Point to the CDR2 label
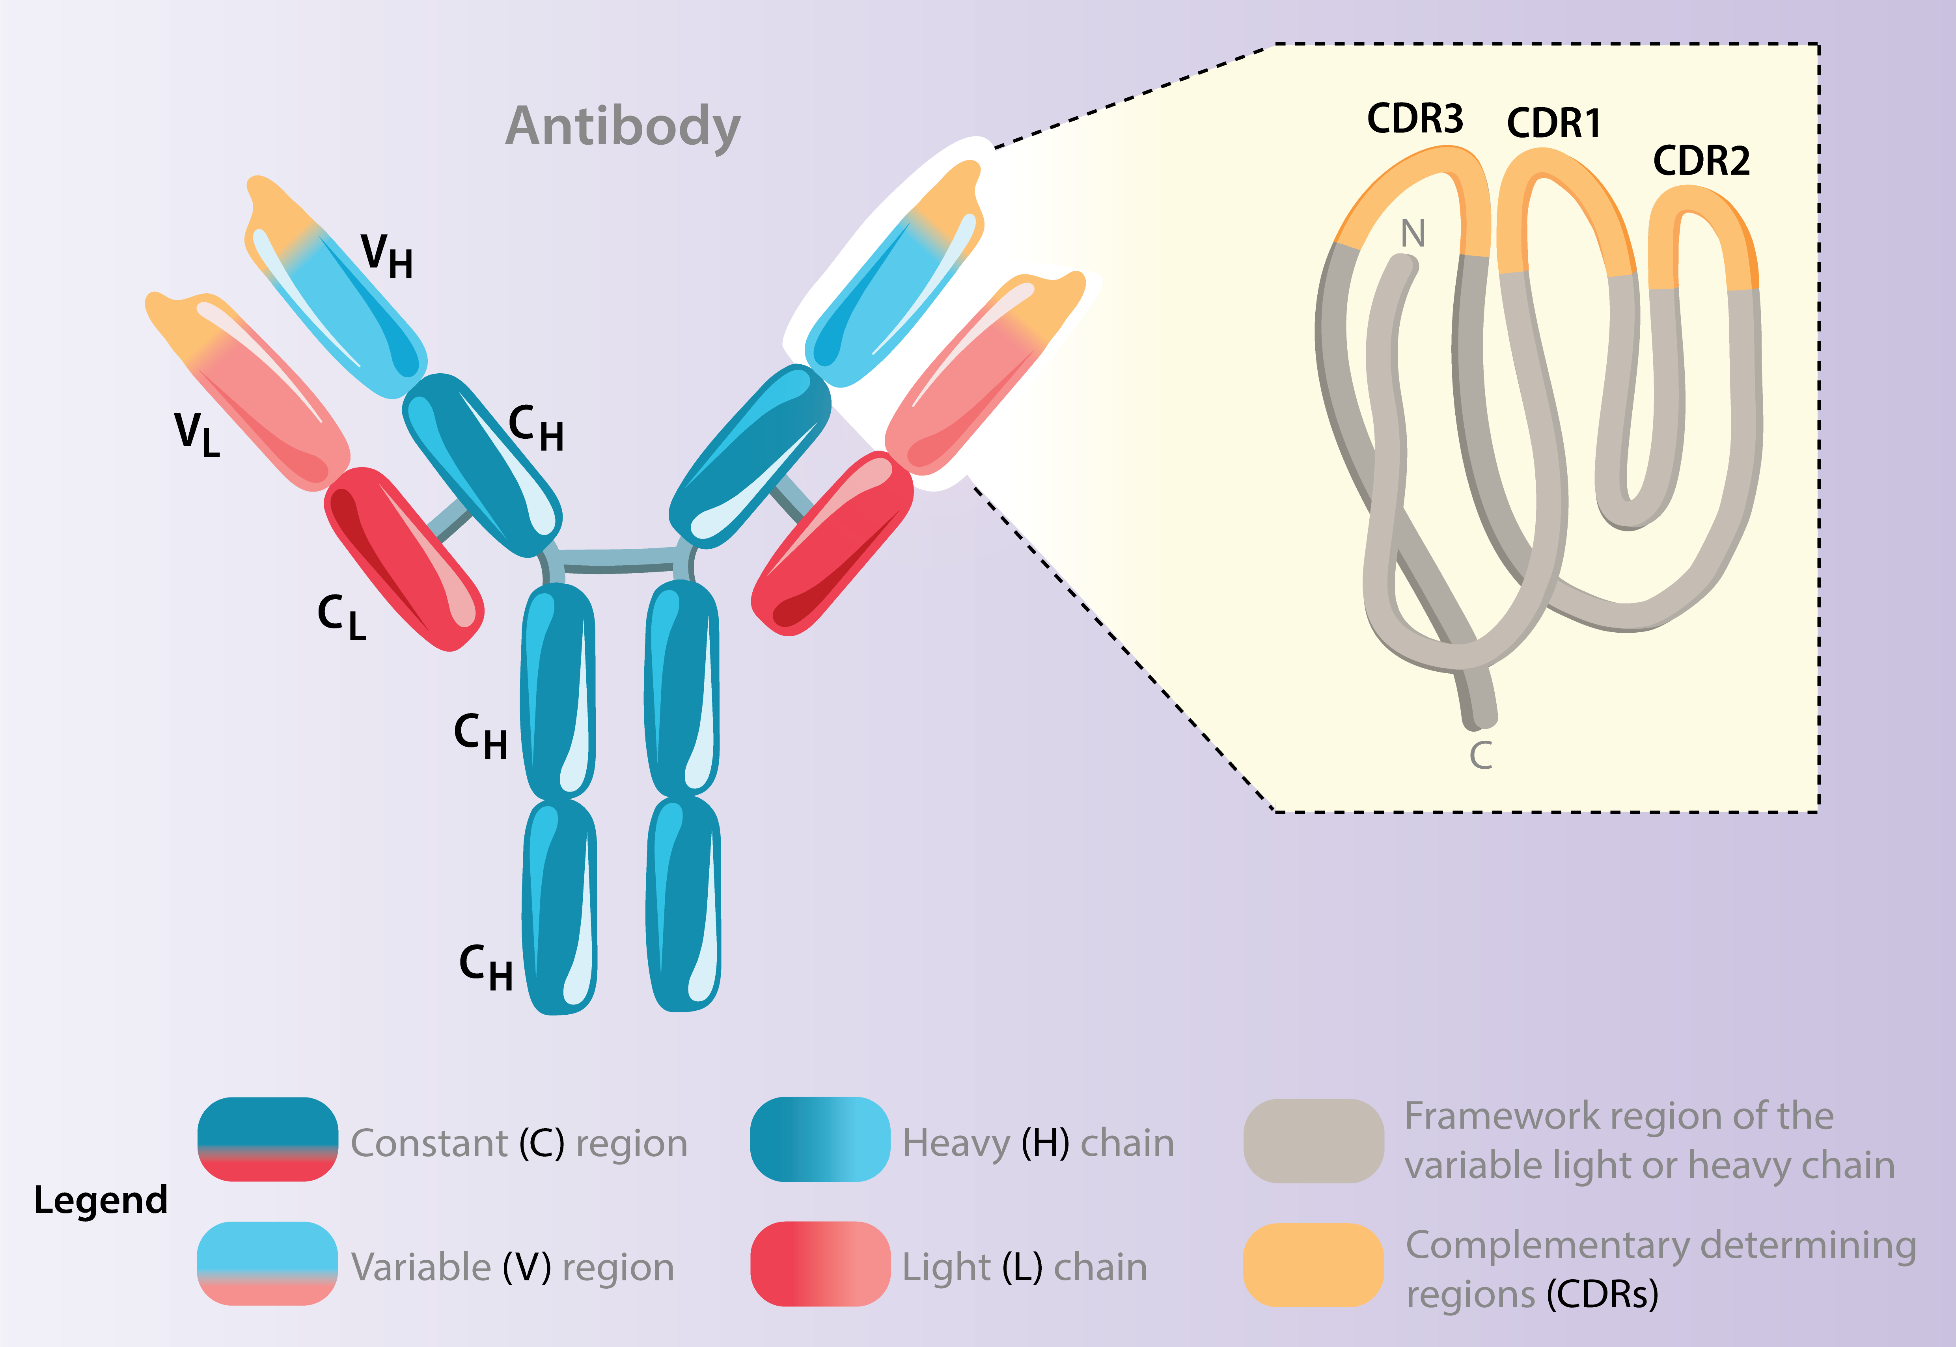(x=1701, y=161)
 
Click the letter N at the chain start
(x=1412, y=234)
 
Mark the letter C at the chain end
(x=1481, y=755)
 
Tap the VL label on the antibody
(x=197, y=434)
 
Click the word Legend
(x=101, y=1199)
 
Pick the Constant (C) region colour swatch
(x=268, y=1139)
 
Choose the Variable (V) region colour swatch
(x=268, y=1263)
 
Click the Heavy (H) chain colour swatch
(x=820, y=1139)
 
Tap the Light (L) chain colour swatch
(x=820, y=1263)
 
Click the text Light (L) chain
(x=1024, y=1267)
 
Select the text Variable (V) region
(x=513, y=1267)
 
